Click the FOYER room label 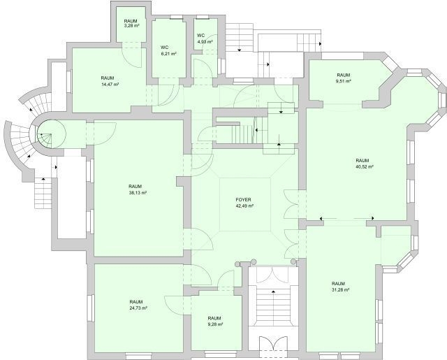click(243, 200)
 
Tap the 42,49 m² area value click(244, 206)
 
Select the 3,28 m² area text click(131, 26)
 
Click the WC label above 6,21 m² click(165, 47)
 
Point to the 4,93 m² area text click(205, 42)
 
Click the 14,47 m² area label click(110, 84)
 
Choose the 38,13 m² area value click(138, 193)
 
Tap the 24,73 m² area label click(138, 308)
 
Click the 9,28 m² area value click(215, 324)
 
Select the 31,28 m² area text click(340, 290)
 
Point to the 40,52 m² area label click(365, 166)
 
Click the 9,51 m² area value click(344, 81)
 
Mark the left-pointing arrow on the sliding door click(321, 219)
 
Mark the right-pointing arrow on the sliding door click(372, 218)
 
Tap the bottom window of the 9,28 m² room click(221, 354)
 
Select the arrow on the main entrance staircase click(273, 292)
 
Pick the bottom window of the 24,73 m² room click(138, 356)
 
